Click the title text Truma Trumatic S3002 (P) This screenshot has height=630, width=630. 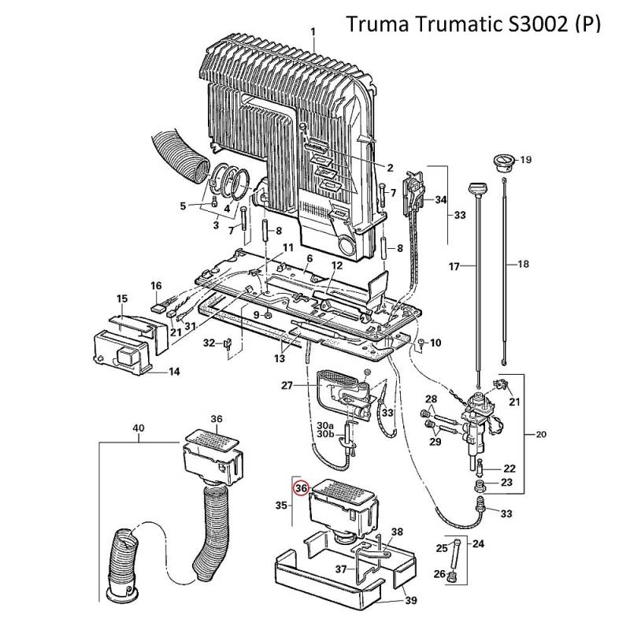coord(473,24)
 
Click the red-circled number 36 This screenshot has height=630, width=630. coord(301,488)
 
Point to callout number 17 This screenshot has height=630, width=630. coord(454,267)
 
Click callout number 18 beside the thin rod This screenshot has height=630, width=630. coord(524,265)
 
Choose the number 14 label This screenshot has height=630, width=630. coord(174,371)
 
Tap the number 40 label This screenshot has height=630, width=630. coord(139,428)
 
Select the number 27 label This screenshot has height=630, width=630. coord(287,385)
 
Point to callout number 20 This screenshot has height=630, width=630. coord(540,433)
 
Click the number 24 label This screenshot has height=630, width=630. coord(479,543)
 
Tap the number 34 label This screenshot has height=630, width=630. coord(440,200)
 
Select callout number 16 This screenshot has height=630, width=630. coord(156,285)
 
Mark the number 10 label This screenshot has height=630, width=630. coord(436,343)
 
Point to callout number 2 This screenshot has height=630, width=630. coord(389,167)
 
